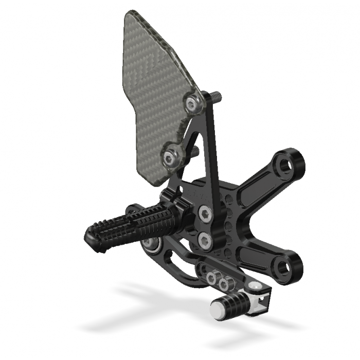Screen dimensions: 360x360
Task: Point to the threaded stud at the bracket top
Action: [x=214, y=96]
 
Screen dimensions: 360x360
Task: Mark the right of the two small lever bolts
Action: [x=224, y=283]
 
